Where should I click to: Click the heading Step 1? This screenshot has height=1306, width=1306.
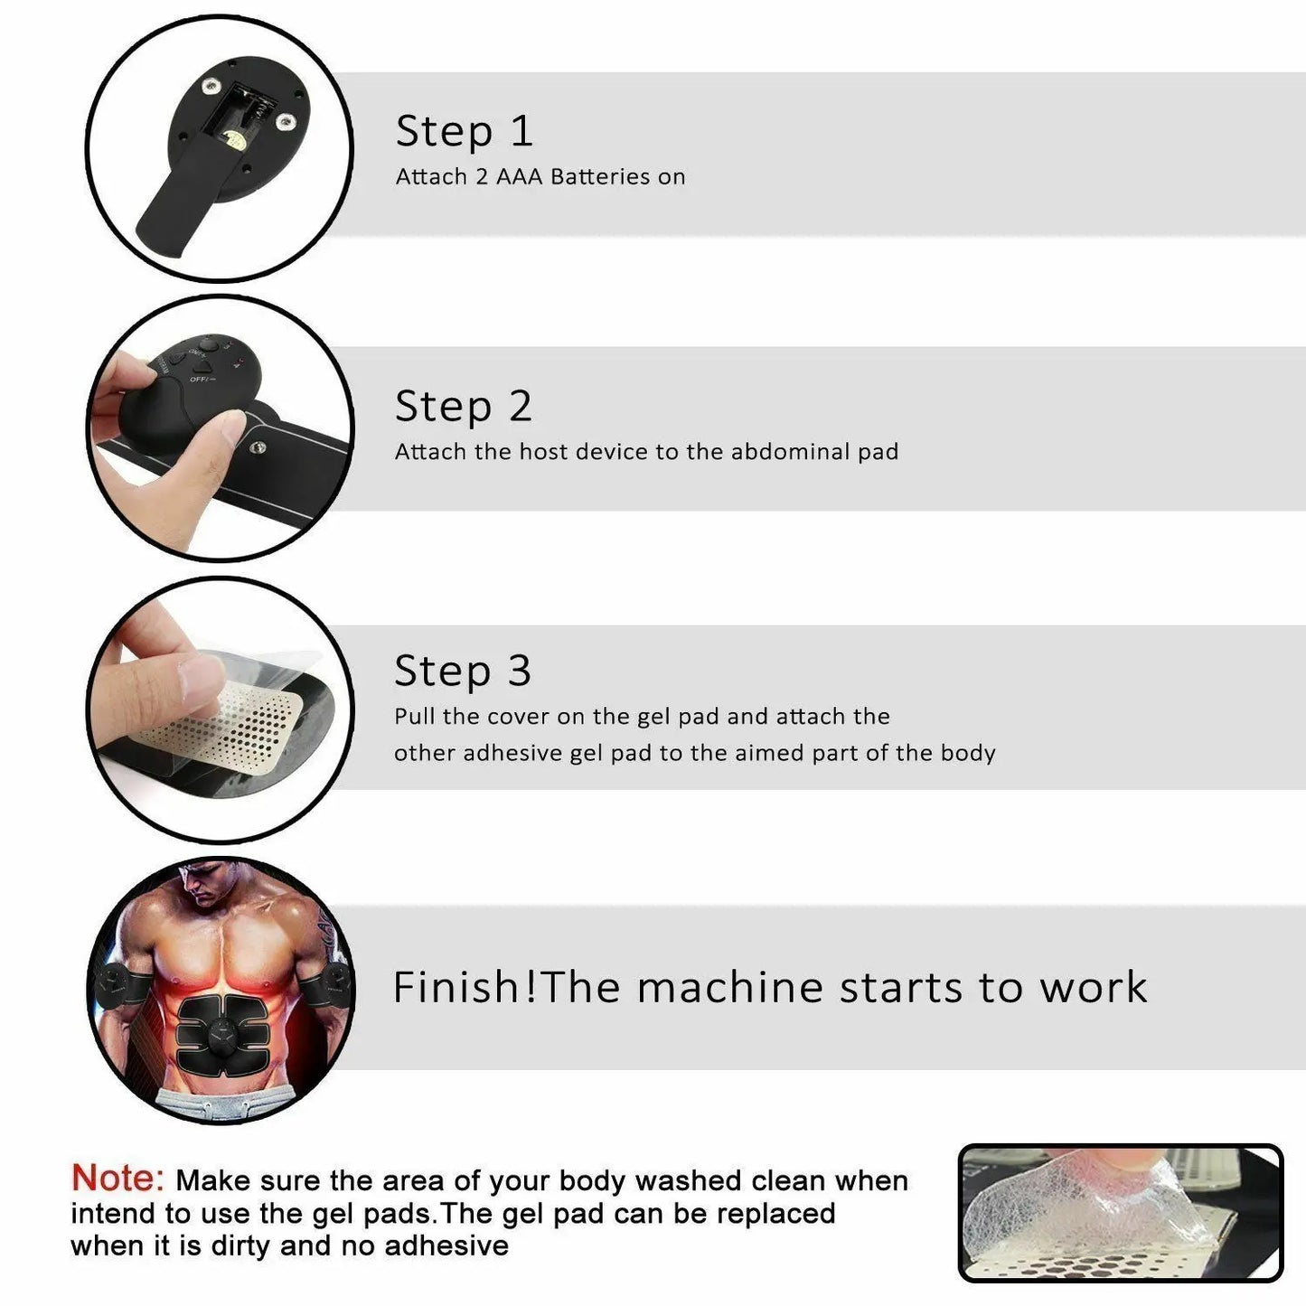point(465,132)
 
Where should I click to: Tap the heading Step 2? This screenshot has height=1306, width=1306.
point(464,407)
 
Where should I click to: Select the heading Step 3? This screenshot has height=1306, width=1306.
point(463,672)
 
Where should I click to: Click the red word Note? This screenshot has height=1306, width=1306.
point(117,1179)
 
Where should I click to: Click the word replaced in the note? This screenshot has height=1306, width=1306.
point(775,1213)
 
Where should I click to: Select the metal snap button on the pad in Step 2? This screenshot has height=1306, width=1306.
point(258,446)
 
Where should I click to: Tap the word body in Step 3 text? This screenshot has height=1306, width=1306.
point(967,753)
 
